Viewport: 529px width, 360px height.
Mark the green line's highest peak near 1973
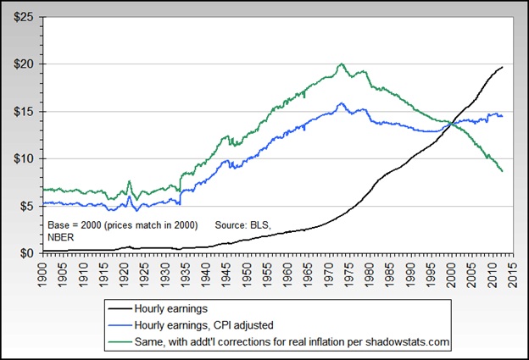[340, 64]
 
